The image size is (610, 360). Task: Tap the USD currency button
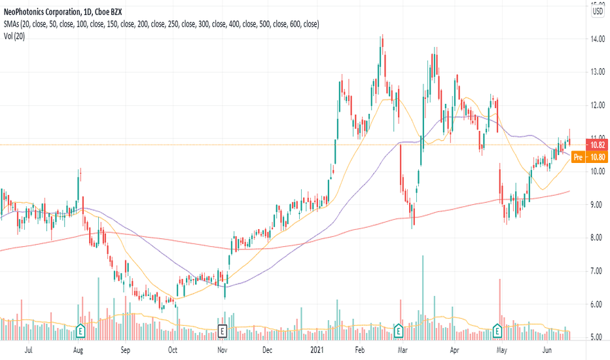pos(598,10)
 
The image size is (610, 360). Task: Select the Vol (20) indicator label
pos(14,36)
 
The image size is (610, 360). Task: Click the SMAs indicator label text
pos(160,24)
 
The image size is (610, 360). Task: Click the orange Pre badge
pos(577,157)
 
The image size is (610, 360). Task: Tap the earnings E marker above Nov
pos(222,331)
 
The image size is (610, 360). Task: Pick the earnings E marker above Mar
pos(397,331)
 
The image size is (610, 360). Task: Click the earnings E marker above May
pos(497,331)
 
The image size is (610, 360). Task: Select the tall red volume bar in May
pos(500,308)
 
